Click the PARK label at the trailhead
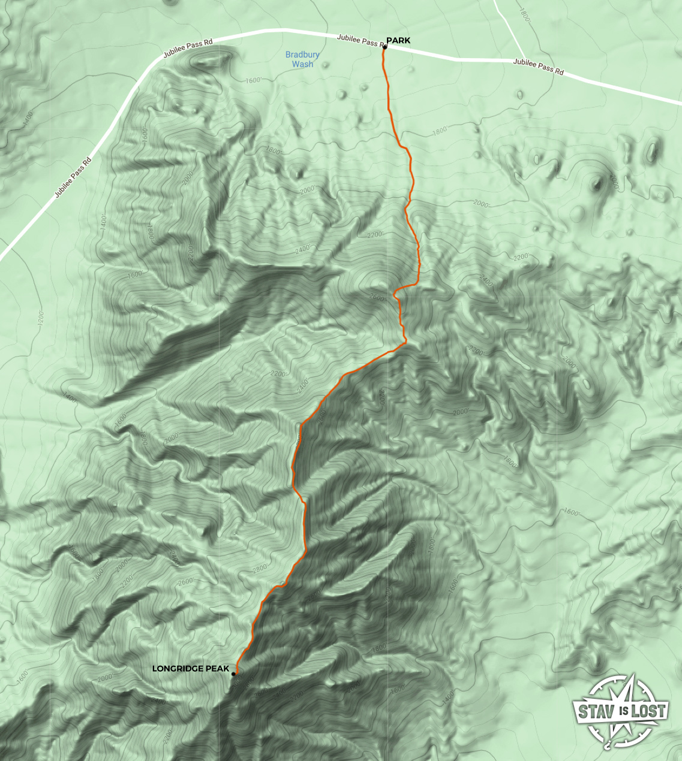(x=398, y=40)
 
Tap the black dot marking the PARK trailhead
(x=384, y=47)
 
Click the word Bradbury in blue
(x=302, y=55)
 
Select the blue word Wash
(x=302, y=64)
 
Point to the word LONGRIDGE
(x=178, y=668)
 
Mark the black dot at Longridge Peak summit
(x=233, y=674)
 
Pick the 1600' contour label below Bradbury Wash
(x=254, y=80)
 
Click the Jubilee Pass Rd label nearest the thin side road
(x=539, y=67)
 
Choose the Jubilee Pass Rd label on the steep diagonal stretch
(x=73, y=177)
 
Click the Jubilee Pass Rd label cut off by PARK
(x=360, y=40)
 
